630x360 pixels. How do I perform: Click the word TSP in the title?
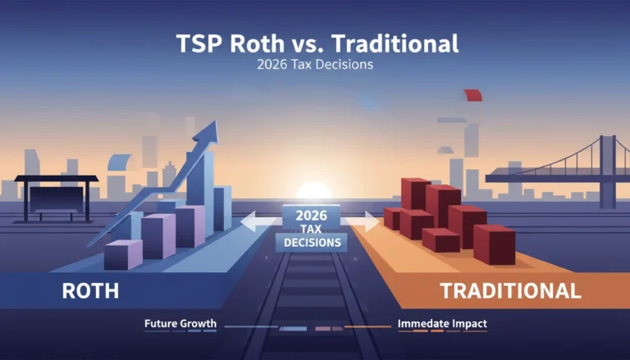tap(199, 43)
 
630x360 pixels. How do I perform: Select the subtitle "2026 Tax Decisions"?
tap(315, 64)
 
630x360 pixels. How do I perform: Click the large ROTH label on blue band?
tap(90, 291)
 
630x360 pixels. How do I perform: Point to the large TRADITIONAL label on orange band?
tap(511, 290)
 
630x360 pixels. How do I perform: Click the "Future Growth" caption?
tap(180, 323)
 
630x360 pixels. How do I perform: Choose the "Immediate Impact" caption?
tap(442, 323)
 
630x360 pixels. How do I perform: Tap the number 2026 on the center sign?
tap(312, 216)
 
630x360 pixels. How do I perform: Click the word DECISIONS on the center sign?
tap(313, 243)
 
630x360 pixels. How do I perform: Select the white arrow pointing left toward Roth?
tap(260, 221)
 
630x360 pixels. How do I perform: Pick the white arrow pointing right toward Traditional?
tap(362, 221)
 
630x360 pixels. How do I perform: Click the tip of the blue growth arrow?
tap(217, 121)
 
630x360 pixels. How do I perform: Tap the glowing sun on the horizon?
tap(314, 190)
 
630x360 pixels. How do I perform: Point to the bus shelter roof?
tap(57, 179)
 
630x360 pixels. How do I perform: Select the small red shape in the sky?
tap(472, 95)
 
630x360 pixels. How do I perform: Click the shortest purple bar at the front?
tap(123, 255)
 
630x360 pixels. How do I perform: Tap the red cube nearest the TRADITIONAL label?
tap(494, 244)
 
